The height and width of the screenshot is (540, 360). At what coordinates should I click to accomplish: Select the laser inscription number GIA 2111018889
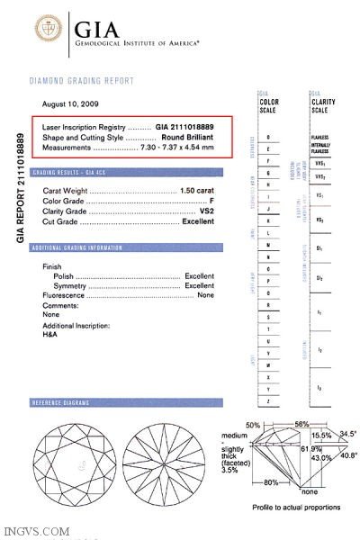pyautogui.click(x=184, y=127)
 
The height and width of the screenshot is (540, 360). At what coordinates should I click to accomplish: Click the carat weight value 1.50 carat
pyautogui.click(x=197, y=192)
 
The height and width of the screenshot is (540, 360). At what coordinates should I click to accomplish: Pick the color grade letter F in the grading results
pyautogui.click(x=211, y=202)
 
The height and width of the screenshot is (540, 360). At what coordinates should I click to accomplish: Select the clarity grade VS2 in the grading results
pyautogui.click(x=207, y=211)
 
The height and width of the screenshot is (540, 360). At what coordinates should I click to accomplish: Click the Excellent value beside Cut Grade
pyautogui.click(x=198, y=221)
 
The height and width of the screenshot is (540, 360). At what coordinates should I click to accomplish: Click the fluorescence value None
pyautogui.click(x=206, y=295)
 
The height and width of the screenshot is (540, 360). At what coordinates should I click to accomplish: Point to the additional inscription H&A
pyautogui.click(x=50, y=333)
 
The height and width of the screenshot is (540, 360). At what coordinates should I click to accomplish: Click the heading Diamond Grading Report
pyautogui.click(x=82, y=81)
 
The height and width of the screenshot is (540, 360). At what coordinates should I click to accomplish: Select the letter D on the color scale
pyautogui.click(x=269, y=135)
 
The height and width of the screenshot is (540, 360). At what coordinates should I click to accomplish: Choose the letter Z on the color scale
pyautogui.click(x=269, y=399)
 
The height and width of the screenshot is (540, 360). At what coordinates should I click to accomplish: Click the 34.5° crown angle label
pyautogui.click(x=347, y=434)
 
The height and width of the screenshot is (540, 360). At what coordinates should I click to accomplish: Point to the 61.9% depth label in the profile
pyautogui.click(x=286, y=447)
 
